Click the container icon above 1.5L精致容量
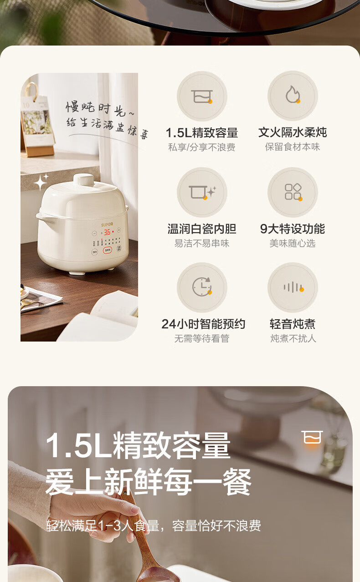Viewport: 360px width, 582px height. [202, 96]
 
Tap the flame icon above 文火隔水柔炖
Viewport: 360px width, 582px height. [293, 95]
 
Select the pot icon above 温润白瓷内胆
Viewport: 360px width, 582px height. [202, 193]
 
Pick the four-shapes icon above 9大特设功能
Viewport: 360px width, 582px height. [293, 192]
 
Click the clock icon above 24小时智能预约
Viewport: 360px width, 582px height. [202, 287]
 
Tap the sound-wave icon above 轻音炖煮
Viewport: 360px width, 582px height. [293, 287]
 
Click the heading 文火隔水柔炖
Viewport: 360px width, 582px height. [293, 133]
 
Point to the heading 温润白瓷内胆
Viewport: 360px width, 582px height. [202, 229]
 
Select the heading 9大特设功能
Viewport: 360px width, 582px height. [293, 229]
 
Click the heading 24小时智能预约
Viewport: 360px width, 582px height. [203, 324]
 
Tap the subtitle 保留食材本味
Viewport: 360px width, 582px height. [293, 147]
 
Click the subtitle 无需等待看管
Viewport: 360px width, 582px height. [202, 338]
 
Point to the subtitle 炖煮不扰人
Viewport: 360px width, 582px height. [293, 338]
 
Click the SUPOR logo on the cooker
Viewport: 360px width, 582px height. [107, 224]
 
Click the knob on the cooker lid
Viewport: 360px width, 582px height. [83, 179]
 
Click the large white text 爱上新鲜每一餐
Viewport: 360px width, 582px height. [149, 482]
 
